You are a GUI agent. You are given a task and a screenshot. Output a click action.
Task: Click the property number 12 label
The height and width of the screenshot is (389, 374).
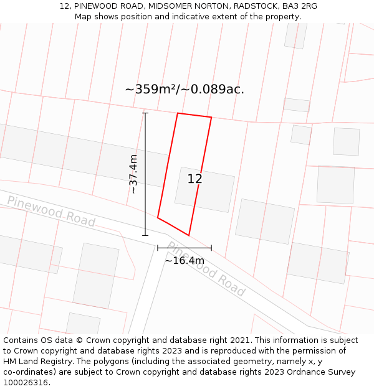coord(194,179)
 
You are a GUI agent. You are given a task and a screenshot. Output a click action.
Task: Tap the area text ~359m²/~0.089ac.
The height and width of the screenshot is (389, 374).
coord(185,89)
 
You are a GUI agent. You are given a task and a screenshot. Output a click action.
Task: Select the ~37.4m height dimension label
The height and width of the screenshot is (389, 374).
coord(133,174)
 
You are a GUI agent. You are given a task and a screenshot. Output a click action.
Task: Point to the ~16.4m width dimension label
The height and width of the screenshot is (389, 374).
coord(184,260)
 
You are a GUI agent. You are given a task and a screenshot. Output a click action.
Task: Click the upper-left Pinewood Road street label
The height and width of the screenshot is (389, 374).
coord(51,212)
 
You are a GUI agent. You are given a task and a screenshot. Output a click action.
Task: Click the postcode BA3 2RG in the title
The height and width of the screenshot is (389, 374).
coord(299,6)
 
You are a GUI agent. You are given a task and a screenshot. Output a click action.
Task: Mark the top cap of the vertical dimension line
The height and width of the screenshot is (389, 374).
coord(145,113)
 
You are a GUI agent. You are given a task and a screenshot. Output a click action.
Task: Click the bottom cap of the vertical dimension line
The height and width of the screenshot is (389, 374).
coord(145,235)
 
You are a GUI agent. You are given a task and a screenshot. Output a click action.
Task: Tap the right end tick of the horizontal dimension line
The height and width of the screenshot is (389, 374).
coord(211,248)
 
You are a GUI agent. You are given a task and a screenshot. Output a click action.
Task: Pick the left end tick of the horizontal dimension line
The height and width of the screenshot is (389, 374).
coord(158,248)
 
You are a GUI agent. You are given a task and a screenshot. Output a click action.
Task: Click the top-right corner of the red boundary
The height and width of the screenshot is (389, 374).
coord(211,117)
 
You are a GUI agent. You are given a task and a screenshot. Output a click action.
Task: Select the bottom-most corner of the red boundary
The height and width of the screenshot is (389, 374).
coord(188,235)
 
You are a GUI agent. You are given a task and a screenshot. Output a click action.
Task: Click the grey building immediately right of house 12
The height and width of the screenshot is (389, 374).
coord(265,221)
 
